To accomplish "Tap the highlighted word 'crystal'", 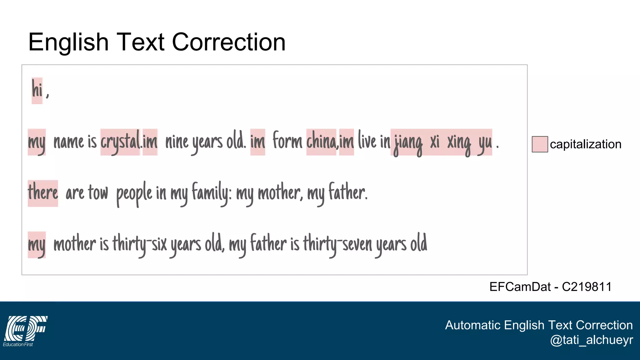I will [120, 142].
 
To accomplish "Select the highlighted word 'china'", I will [321, 142].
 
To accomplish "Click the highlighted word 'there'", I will [43, 193].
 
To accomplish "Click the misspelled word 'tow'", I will [98, 192].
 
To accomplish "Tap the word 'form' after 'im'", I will [287, 142].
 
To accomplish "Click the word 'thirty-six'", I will [140, 244].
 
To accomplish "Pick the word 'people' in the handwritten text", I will [134, 194].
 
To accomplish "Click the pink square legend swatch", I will [540, 144].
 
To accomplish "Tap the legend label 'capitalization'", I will [585, 144].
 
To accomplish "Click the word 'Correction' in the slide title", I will [229, 42].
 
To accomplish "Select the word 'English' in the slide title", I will [68, 42].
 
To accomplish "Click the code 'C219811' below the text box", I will [587, 287].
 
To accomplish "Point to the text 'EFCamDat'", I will [520, 287].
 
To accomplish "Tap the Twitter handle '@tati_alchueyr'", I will [591, 340].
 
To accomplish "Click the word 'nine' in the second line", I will [177, 142].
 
